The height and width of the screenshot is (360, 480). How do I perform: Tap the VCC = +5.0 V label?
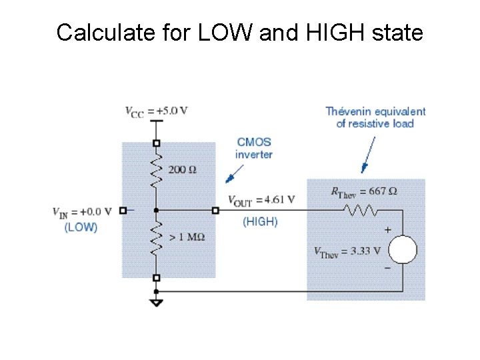157,111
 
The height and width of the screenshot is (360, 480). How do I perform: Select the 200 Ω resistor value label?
182,169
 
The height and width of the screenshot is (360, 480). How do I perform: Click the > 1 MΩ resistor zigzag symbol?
157,235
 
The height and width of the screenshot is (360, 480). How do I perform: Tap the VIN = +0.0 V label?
82,212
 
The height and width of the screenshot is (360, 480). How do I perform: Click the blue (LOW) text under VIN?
81,227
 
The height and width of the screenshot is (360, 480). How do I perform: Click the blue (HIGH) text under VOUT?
260,221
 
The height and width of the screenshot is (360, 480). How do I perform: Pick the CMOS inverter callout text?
253,148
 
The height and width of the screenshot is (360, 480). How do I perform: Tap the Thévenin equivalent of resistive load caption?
375,117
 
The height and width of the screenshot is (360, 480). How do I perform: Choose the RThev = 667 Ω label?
364,191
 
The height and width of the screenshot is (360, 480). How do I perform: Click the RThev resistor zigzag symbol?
361,211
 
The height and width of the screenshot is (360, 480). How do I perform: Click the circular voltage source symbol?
403,251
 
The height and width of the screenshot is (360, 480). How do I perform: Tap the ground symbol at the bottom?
157,302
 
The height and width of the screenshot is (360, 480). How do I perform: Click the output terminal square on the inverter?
215,211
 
